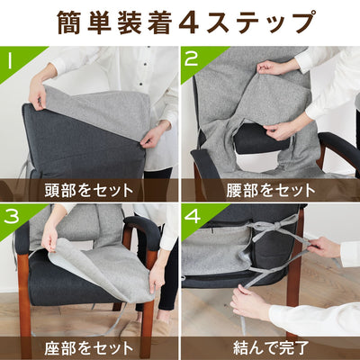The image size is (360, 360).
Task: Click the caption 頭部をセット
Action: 89,189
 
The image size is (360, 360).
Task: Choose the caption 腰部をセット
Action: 269,189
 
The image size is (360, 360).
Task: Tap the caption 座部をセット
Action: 89,347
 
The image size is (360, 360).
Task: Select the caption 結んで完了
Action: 269,347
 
